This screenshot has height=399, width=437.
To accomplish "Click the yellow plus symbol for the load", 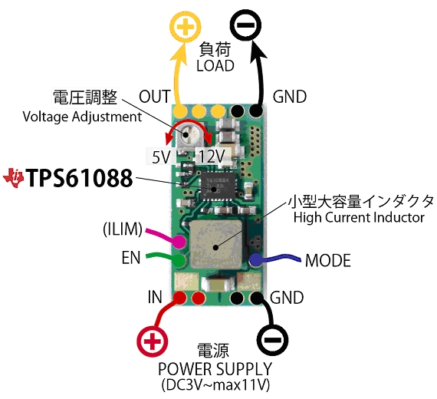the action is (x=186, y=28).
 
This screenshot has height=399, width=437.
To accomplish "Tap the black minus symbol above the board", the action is (x=245, y=25).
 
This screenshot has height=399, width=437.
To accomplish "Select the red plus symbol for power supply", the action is (x=152, y=341).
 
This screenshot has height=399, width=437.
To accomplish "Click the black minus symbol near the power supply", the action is (x=272, y=340).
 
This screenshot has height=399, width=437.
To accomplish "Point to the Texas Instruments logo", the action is (x=13, y=178).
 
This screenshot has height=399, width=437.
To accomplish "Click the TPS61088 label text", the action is (x=79, y=178).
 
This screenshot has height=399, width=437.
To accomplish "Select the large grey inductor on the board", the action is (x=216, y=244).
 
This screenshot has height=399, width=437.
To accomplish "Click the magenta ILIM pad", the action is (x=179, y=242).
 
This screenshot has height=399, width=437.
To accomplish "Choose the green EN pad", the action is (x=179, y=260).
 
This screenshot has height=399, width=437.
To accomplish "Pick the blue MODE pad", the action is (x=256, y=260).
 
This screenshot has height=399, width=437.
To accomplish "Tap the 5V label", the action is (x=161, y=157).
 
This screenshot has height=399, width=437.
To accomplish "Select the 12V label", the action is (x=212, y=157).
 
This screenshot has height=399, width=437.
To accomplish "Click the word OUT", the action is (x=154, y=97).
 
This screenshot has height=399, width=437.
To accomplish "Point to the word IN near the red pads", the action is (x=155, y=297).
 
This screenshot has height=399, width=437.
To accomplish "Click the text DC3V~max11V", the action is (x=215, y=385).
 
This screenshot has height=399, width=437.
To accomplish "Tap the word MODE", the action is (x=328, y=261).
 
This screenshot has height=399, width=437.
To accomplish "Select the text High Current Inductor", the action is (x=359, y=217).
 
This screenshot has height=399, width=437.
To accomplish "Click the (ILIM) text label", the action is (x=123, y=229).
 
